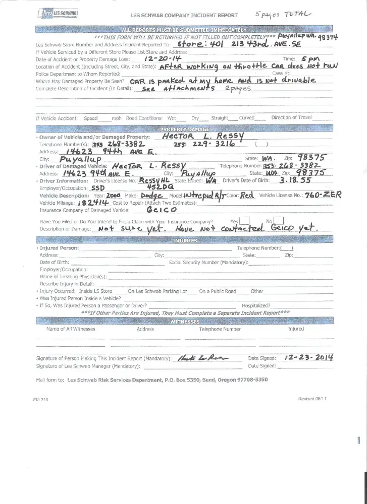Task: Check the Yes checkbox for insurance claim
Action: coord(244,220)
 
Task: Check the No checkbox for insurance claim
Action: coord(279,220)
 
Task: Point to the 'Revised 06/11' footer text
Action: coord(312,399)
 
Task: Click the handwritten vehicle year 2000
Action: coord(113,195)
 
